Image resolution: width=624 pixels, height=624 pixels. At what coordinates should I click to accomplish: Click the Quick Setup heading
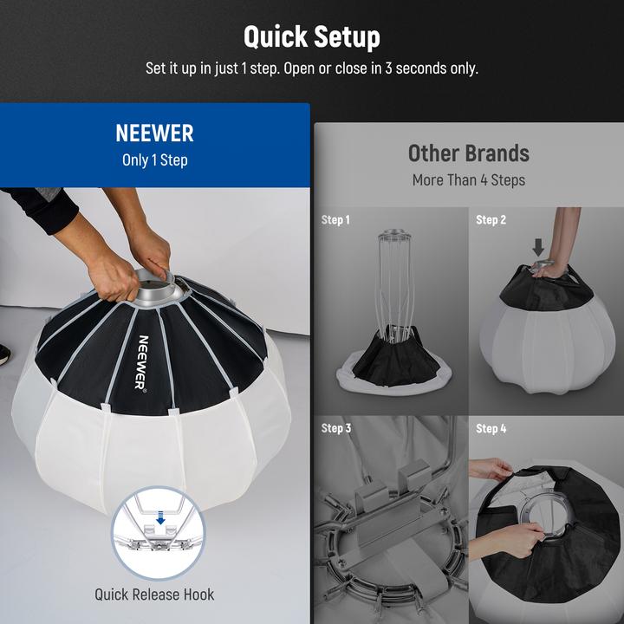point(311,37)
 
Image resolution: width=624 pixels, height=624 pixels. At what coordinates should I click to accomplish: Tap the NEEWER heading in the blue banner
point(154,133)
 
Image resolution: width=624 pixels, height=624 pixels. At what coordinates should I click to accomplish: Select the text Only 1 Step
point(154,160)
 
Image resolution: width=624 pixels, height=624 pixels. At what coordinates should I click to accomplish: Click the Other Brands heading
point(468,153)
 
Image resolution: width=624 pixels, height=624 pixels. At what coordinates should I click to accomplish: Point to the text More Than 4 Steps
point(468,180)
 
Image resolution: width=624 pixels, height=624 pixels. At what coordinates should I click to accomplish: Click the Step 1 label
point(335,220)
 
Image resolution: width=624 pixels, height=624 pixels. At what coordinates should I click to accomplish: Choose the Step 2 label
point(491,220)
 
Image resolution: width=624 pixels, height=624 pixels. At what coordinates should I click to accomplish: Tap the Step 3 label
point(335,428)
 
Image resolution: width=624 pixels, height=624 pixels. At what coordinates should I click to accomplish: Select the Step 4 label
point(491,428)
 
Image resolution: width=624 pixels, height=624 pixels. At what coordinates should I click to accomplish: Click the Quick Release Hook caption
point(154,595)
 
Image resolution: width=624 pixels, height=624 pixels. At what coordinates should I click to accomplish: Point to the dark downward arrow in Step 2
point(538,247)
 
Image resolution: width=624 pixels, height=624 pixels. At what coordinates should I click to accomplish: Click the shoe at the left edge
point(3,353)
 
